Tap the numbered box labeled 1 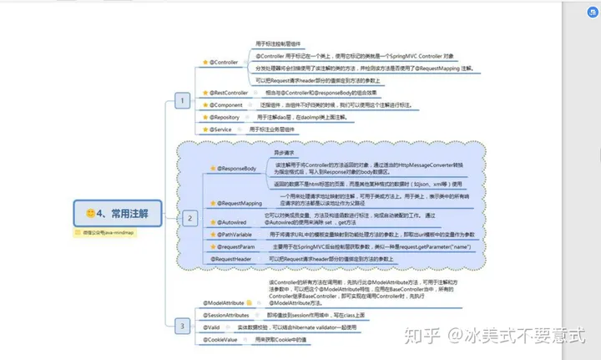click(181, 101)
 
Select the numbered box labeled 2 click(189, 218)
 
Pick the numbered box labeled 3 click(181, 325)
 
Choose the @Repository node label click(223, 118)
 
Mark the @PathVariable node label click(237, 236)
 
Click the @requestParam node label click(238, 247)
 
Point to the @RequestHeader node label click(232, 260)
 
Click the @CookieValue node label click(220, 340)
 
